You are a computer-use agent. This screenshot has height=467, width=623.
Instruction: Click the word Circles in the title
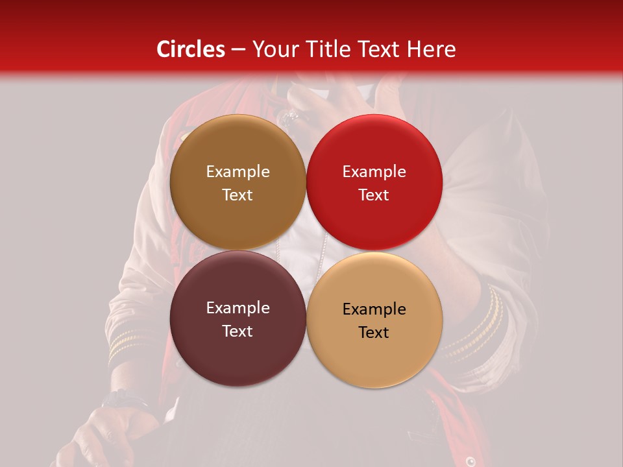[x=190, y=49]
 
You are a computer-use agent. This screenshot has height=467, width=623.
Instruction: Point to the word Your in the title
[x=273, y=49]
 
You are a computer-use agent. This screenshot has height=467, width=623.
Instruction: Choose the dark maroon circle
[x=238, y=319]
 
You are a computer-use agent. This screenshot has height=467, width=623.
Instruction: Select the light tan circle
[x=374, y=319]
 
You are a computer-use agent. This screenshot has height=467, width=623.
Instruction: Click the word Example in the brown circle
[x=238, y=172]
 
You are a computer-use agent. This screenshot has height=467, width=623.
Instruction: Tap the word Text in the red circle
[x=374, y=195]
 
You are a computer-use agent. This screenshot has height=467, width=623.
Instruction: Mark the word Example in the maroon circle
[x=238, y=308]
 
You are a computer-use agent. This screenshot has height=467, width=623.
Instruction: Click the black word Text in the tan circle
[x=374, y=333]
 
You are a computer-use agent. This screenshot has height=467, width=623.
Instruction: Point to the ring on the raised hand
[x=290, y=117]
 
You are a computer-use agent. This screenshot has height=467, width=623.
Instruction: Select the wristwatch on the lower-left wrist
[x=123, y=398]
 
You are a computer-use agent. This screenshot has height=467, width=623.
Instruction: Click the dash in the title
[x=238, y=50]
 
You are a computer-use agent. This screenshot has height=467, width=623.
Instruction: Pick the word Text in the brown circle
[x=238, y=195]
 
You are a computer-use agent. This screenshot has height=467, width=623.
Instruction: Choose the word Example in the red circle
[x=374, y=172]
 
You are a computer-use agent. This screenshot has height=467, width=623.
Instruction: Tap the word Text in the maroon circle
[x=238, y=331]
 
